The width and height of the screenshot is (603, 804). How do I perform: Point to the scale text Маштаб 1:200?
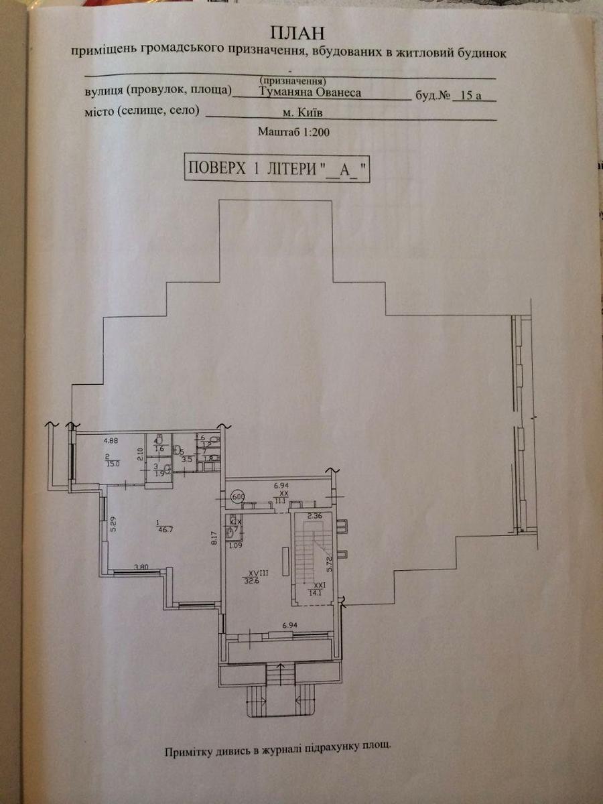(x=294, y=133)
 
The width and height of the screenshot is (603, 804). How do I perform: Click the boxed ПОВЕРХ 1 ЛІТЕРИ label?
(x=277, y=168)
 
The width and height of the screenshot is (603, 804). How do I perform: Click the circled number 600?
(x=237, y=497)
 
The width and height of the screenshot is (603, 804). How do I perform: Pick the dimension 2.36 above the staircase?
(x=315, y=516)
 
